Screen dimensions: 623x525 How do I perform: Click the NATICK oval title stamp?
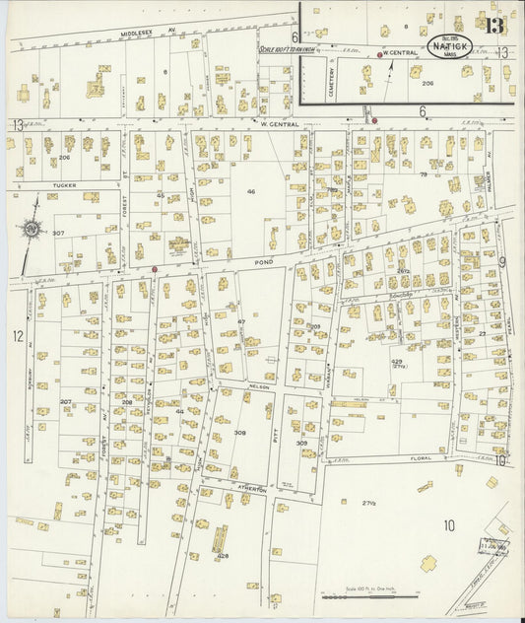coord(451,45)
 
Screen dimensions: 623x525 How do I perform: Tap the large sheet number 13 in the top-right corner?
coord(494,24)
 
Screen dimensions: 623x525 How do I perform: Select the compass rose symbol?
coord(32,229)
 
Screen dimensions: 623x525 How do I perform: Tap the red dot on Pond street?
coord(155,268)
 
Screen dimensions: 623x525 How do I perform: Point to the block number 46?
coord(251,191)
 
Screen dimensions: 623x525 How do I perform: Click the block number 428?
coord(223,556)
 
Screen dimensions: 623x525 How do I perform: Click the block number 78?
coord(424,174)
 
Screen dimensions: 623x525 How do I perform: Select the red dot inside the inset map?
coord(379,55)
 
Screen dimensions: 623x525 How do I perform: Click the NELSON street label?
coord(259,386)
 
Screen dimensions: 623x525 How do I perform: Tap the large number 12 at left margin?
coord(17,337)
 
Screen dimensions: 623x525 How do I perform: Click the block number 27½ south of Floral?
coord(370,503)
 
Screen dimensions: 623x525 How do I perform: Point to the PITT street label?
coord(275,425)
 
